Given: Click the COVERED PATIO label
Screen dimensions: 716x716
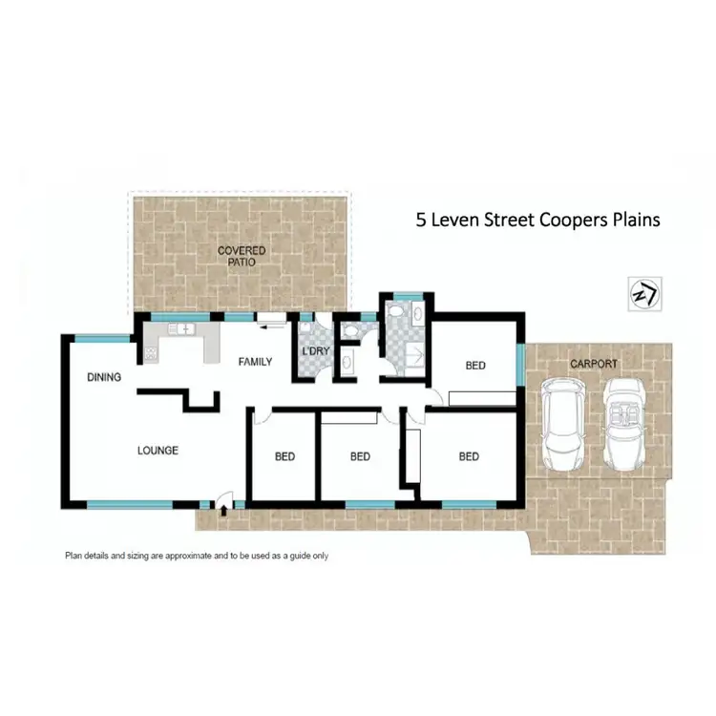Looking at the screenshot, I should tap(241, 256).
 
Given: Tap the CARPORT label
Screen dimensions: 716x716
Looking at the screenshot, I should tap(594, 364).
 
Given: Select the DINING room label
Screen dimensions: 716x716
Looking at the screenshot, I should tap(103, 377).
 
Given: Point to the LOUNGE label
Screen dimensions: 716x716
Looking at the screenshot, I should tap(157, 451).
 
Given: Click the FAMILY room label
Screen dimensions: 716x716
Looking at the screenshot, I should tap(255, 362).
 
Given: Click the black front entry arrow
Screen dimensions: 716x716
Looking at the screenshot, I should tap(223, 512).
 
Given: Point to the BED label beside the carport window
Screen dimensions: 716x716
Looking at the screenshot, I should tap(475, 366).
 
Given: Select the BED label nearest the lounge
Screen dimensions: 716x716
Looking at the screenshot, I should tap(284, 456).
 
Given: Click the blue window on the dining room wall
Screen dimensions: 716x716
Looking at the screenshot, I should tap(103, 337).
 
